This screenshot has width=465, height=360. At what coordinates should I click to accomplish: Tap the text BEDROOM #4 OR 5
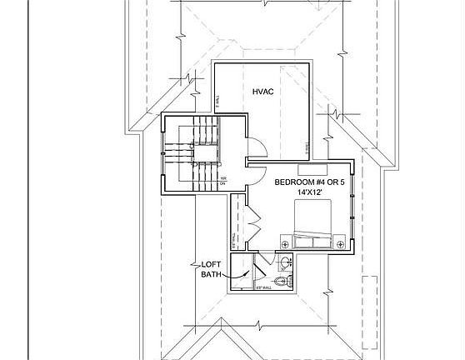[309, 182]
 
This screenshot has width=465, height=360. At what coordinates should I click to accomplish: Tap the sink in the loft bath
[286, 263]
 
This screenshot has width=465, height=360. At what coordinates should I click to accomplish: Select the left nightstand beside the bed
[286, 243]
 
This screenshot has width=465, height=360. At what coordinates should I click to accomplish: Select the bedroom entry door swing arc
[254, 177]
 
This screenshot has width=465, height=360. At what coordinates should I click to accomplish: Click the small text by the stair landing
[223, 178]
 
